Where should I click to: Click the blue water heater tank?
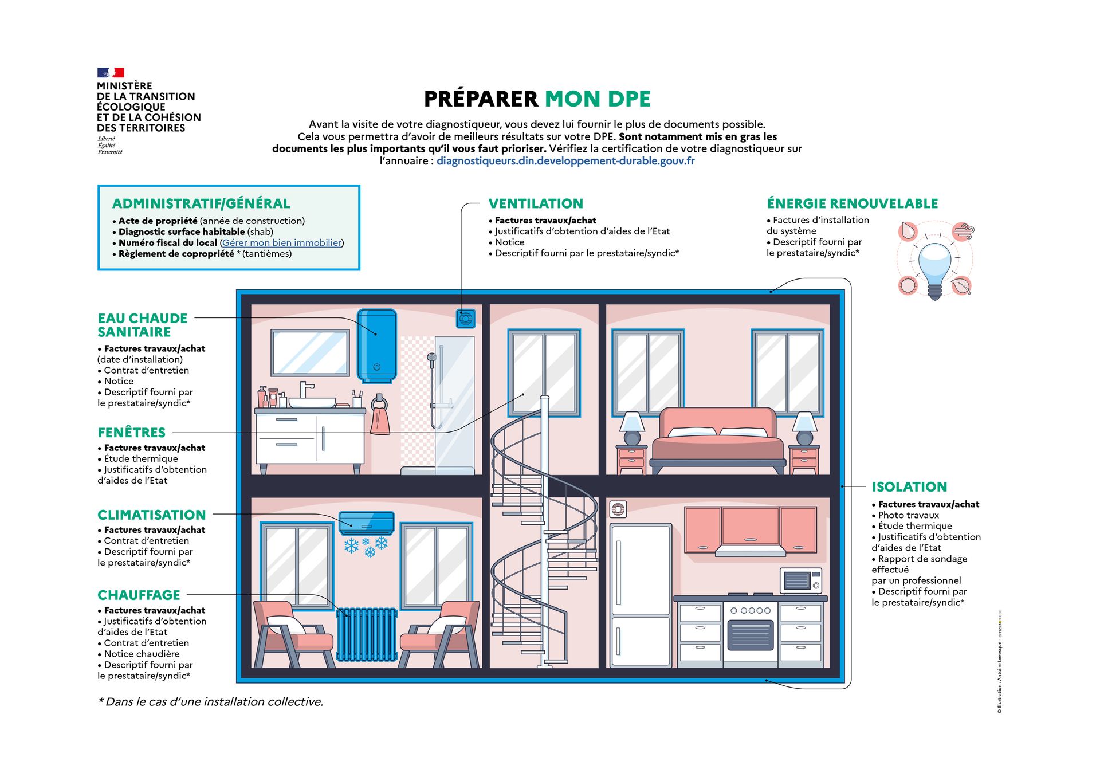[x=376, y=345]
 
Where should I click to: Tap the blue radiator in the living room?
[x=367, y=634]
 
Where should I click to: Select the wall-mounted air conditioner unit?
[x=367, y=523]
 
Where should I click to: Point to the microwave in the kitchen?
[x=800, y=580]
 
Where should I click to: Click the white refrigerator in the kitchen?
[x=640, y=595]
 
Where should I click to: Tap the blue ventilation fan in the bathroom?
[x=466, y=318]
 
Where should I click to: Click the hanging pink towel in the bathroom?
[x=379, y=418]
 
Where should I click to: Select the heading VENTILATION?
[x=536, y=203]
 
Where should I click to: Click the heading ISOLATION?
[x=909, y=487]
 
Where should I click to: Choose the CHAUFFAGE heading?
[x=139, y=595]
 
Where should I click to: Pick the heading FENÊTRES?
[x=132, y=433]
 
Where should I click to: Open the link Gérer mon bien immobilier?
[x=282, y=243]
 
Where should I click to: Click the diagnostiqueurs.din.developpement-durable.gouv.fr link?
[x=565, y=161]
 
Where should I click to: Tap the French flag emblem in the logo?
[x=111, y=73]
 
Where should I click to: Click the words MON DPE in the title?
[x=597, y=99]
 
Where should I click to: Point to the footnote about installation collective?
[x=211, y=702]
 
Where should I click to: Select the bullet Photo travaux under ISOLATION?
[x=908, y=515]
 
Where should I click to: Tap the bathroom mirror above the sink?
[x=310, y=353]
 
